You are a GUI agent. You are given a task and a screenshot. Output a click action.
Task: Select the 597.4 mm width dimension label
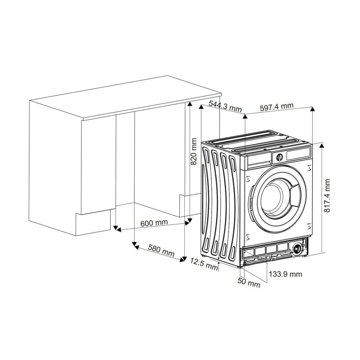point(276,107)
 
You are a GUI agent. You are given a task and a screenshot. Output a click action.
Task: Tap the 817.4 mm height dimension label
point(327,196)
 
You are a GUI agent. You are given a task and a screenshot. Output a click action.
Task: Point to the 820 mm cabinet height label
point(194,151)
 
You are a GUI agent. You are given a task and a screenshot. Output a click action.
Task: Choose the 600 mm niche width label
point(154,223)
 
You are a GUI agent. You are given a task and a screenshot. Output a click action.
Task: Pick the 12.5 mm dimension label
point(204,264)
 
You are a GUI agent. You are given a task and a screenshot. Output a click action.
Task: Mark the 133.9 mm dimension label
point(285,274)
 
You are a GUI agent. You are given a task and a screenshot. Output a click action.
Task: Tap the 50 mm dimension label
point(249,283)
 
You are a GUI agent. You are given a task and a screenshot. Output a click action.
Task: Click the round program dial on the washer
point(279,157)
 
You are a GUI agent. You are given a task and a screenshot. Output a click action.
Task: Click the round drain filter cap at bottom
point(297,249)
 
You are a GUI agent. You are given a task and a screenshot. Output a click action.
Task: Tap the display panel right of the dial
point(298,154)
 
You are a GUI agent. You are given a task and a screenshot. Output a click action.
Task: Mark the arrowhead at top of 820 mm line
point(190,104)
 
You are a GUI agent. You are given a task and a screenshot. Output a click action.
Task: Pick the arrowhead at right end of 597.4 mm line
point(312,109)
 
